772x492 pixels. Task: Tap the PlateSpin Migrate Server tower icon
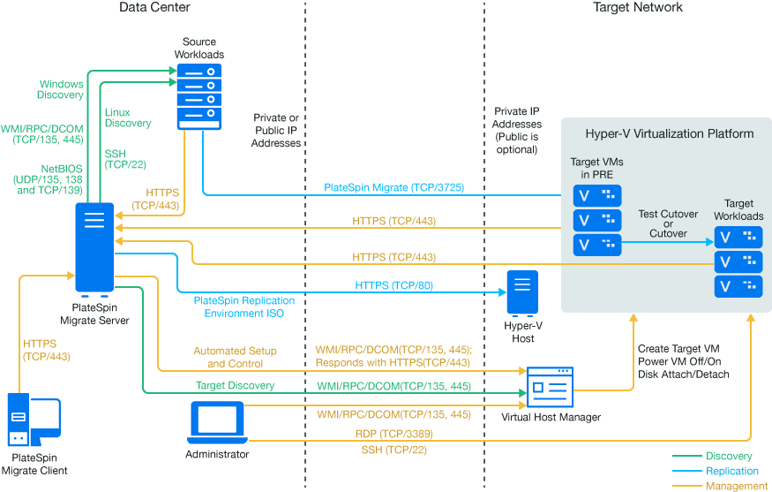click(94, 248)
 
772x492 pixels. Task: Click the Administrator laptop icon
click(216, 423)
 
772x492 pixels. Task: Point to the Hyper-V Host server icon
click(521, 292)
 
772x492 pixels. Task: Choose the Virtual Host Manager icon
click(551, 388)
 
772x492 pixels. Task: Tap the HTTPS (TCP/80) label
click(393, 286)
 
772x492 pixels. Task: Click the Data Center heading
click(154, 8)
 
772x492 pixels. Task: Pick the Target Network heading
click(638, 8)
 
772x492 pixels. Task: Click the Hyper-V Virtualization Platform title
click(670, 134)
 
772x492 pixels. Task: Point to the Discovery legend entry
click(729, 457)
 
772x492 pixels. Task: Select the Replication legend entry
click(732, 472)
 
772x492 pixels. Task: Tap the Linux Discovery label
click(127, 117)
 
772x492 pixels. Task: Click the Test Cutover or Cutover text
click(668, 223)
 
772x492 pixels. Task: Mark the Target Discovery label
click(235, 386)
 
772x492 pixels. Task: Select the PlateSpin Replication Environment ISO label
click(244, 307)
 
